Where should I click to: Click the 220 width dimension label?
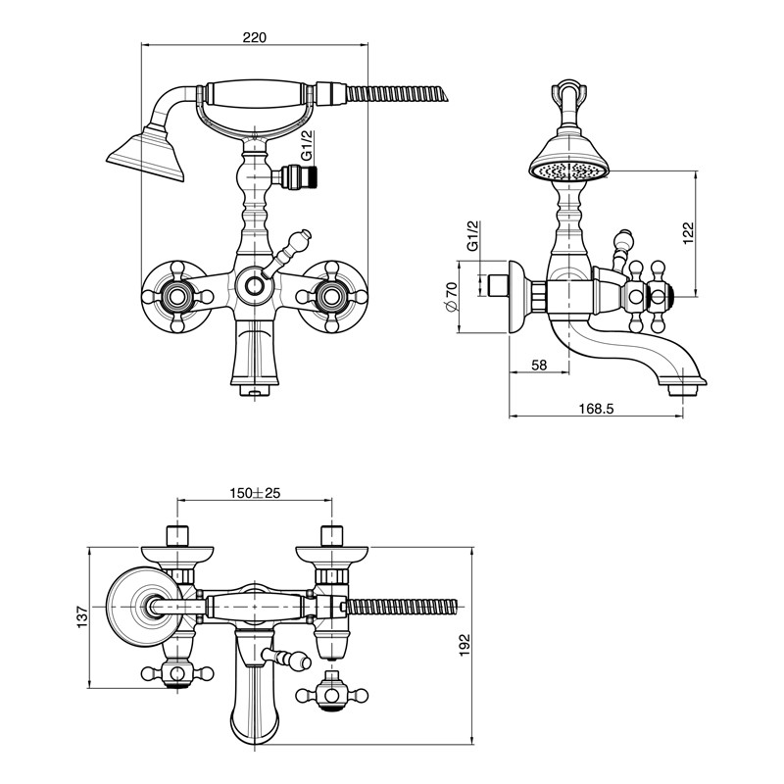pos(255,37)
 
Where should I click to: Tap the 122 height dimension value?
pos(689,233)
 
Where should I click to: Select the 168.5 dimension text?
pos(596,409)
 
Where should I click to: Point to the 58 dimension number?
pos(538,365)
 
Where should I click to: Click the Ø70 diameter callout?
pos(451,297)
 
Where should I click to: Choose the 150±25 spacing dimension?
pos(255,493)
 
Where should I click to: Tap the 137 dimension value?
pos(82,617)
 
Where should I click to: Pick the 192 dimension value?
pos(465,645)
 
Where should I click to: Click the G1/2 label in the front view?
pos(307,145)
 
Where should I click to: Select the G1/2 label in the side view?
pos(472,235)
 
